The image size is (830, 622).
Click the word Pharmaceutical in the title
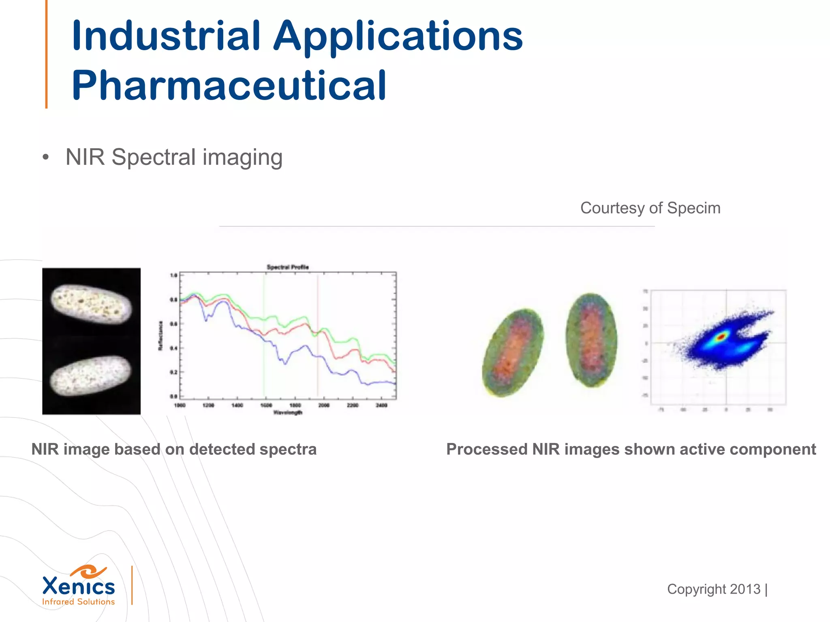[x=229, y=86]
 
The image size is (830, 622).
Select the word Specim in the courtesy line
[x=693, y=208]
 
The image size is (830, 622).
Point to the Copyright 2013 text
[x=714, y=589]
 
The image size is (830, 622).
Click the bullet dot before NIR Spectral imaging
[x=45, y=158]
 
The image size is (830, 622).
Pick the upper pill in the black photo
[x=91, y=304]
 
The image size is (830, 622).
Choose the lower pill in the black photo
[x=91, y=376]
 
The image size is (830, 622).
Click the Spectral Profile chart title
[x=288, y=267]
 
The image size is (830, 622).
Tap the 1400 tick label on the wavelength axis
[x=237, y=405]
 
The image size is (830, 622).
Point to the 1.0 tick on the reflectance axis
[x=173, y=276]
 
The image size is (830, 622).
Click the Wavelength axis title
[x=288, y=413]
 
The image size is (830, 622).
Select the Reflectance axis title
[x=160, y=336]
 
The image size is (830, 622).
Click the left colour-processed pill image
[x=513, y=352]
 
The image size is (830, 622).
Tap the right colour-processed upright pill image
[x=591, y=340]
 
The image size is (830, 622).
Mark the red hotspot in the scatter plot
[x=721, y=337]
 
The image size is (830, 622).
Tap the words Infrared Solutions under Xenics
[x=78, y=602]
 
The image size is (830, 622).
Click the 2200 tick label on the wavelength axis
[x=353, y=405]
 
